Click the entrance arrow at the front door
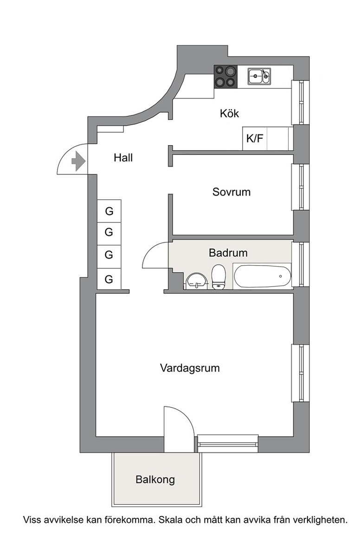point(78,161)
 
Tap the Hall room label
point(123,158)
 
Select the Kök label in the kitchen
point(230,113)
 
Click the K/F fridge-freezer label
point(255,139)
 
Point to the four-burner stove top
point(225,77)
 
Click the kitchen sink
point(259,76)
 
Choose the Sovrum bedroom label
point(231,192)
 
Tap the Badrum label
point(228,253)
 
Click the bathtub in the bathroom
point(263,276)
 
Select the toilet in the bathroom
point(218,277)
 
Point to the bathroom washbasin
point(196,280)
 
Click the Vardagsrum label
point(190,368)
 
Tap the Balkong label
point(155,479)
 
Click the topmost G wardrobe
point(109,211)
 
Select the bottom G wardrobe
point(109,279)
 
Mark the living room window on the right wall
point(300,373)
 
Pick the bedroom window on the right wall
point(300,187)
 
